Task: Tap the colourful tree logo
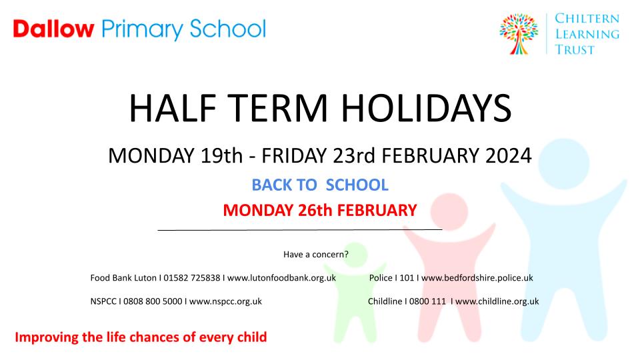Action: point(519,34)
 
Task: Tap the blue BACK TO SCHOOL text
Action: point(320,185)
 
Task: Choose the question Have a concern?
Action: point(316,254)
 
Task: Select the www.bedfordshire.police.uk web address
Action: point(477,277)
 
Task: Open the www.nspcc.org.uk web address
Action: point(225,301)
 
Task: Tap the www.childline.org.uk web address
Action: point(497,301)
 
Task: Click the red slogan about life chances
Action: point(141,337)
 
